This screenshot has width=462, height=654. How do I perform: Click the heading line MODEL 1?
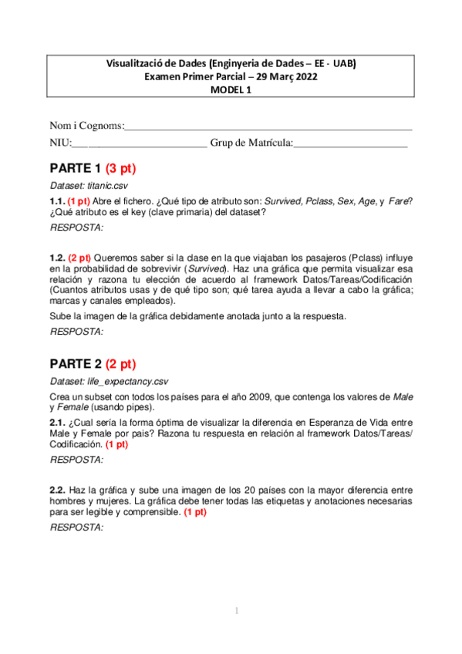pos(231,89)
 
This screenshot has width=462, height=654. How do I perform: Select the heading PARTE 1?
pos(76,168)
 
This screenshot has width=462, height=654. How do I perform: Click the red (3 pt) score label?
pos(121,168)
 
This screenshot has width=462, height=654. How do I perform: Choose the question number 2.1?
pos(58,423)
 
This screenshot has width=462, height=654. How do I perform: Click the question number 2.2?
pos(58,490)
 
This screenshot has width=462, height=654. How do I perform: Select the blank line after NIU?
pos(140,143)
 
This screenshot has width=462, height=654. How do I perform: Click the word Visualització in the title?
pos(137,63)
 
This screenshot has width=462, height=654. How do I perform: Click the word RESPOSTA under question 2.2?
pos(76,528)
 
